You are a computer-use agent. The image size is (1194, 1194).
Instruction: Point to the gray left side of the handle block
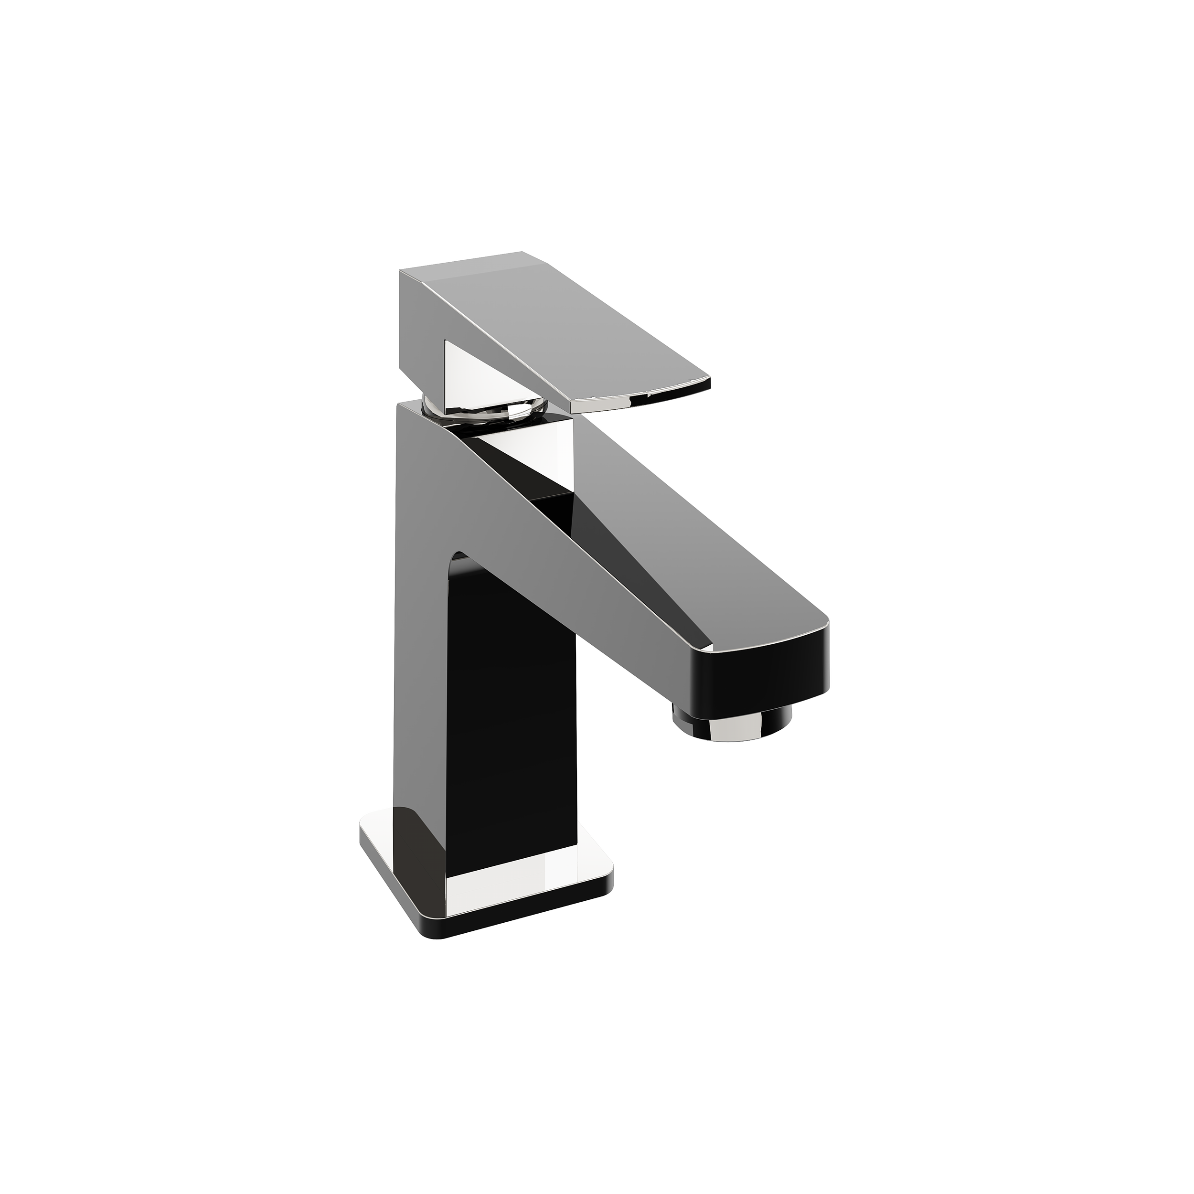pos(420,328)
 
